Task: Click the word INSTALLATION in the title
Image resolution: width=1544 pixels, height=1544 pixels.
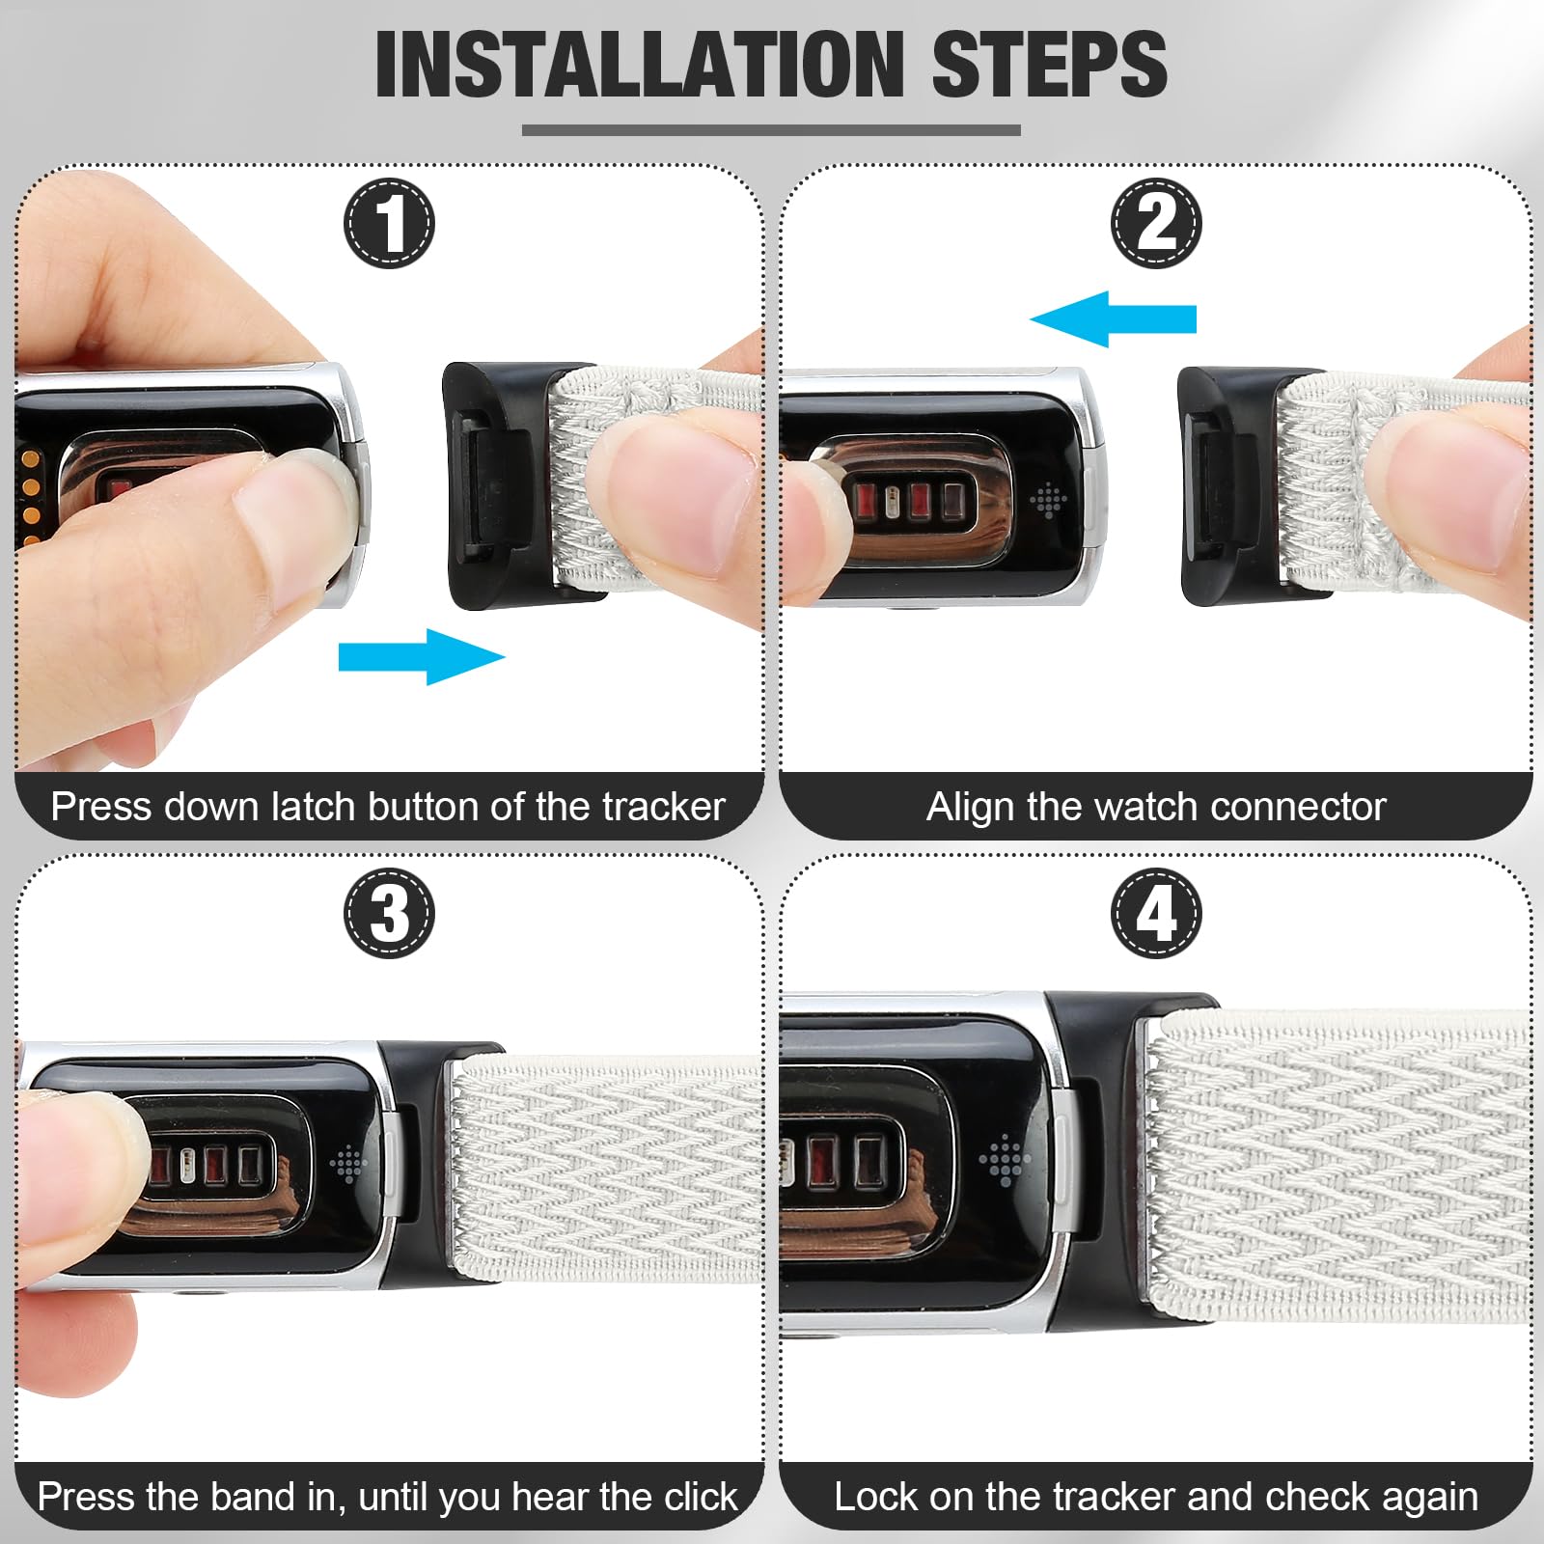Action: click(x=637, y=64)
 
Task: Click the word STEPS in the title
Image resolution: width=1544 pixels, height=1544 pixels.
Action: click(x=1050, y=64)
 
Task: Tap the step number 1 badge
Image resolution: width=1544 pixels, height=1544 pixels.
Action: click(x=390, y=224)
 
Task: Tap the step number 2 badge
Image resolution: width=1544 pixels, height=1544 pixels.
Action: click(x=1157, y=224)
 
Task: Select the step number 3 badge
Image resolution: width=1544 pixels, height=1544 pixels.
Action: click(x=390, y=913)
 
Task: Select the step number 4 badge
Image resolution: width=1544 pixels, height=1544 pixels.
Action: click(x=1157, y=913)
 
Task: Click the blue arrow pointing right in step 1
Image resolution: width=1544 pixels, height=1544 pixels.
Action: click(x=422, y=657)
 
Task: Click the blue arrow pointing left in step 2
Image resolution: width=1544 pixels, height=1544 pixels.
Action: click(x=1113, y=318)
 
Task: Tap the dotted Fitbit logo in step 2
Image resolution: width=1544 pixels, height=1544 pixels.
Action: click(x=1048, y=500)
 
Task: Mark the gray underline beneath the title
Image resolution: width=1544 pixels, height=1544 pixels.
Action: click(x=771, y=130)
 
